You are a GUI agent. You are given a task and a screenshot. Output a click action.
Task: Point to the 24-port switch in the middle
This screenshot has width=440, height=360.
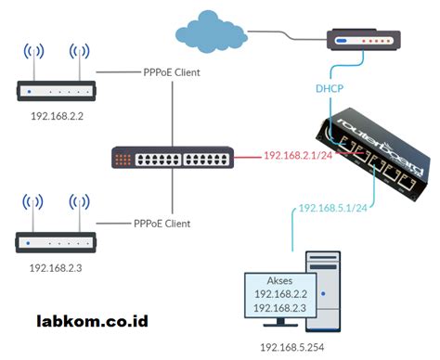point(171,158)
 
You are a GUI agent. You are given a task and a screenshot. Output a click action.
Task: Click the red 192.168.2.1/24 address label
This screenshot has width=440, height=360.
point(299,156)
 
